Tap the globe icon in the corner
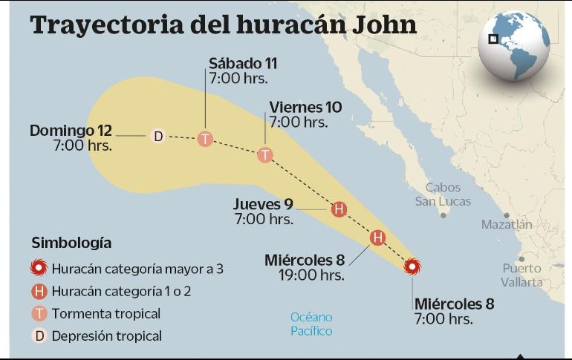[x=513, y=45]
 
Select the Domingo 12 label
[x=71, y=131]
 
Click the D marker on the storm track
[x=157, y=136]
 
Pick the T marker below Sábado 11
[x=205, y=138]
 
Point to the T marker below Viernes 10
[x=265, y=154]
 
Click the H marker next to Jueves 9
[x=339, y=209]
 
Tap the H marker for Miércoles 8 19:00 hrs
[x=377, y=238]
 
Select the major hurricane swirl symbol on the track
[x=412, y=266]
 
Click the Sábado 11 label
[x=242, y=63]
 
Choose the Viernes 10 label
[x=305, y=107]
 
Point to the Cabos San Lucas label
[x=443, y=194]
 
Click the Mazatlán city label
[x=507, y=224]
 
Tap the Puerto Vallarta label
[x=521, y=275]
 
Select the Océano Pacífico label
[x=311, y=324]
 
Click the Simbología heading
[x=71, y=243]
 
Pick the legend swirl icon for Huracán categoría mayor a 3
[x=39, y=269]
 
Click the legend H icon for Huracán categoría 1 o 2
[x=39, y=292]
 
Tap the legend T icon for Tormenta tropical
[x=39, y=314]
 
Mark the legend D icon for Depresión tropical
[x=39, y=336]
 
